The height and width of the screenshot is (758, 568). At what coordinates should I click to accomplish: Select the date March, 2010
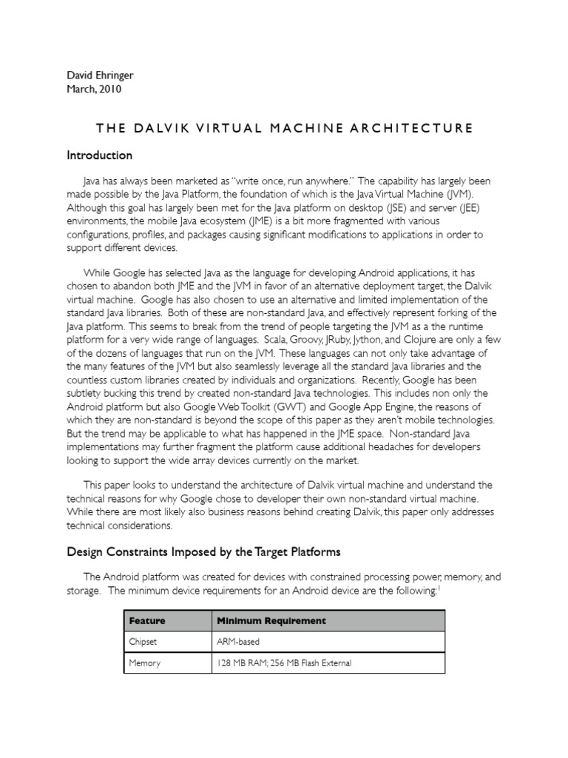coord(95,89)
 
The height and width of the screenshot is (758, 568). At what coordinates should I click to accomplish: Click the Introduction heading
coord(100,155)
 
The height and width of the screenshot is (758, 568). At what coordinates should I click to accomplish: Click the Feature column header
coord(147,620)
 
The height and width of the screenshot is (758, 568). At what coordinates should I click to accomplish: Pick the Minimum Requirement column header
coord(271,620)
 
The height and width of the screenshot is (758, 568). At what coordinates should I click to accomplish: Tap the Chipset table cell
coord(143,641)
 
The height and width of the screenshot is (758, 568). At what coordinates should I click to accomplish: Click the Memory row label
coord(144,663)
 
